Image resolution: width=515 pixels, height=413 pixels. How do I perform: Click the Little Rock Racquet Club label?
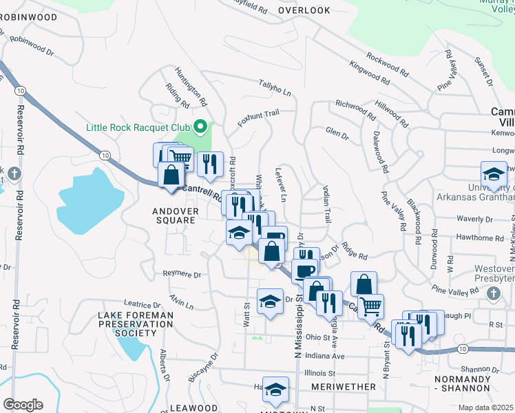point(138,127)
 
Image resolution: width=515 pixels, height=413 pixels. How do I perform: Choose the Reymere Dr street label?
point(182,274)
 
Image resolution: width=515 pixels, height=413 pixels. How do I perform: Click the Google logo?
point(23,405)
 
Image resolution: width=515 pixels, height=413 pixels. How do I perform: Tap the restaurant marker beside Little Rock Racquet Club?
point(210,164)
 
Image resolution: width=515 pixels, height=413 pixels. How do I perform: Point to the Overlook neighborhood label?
point(304,10)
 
